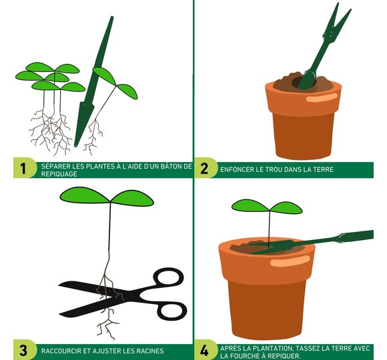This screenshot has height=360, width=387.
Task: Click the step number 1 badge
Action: tap(23, 168)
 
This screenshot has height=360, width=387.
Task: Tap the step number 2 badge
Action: tap(204, 168)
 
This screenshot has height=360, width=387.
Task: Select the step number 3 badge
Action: tap(23, 350)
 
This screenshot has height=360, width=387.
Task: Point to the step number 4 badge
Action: tap(204, 350)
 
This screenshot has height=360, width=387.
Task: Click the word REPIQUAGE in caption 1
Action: tap(59, 174)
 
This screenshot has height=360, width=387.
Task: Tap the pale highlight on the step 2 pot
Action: tap(322, 98)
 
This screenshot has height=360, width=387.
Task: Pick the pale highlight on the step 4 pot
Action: tap(290, 261)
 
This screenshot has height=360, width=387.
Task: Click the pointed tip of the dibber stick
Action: tap(75, 145)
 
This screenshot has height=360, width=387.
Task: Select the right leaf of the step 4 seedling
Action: tap(286, 208)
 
